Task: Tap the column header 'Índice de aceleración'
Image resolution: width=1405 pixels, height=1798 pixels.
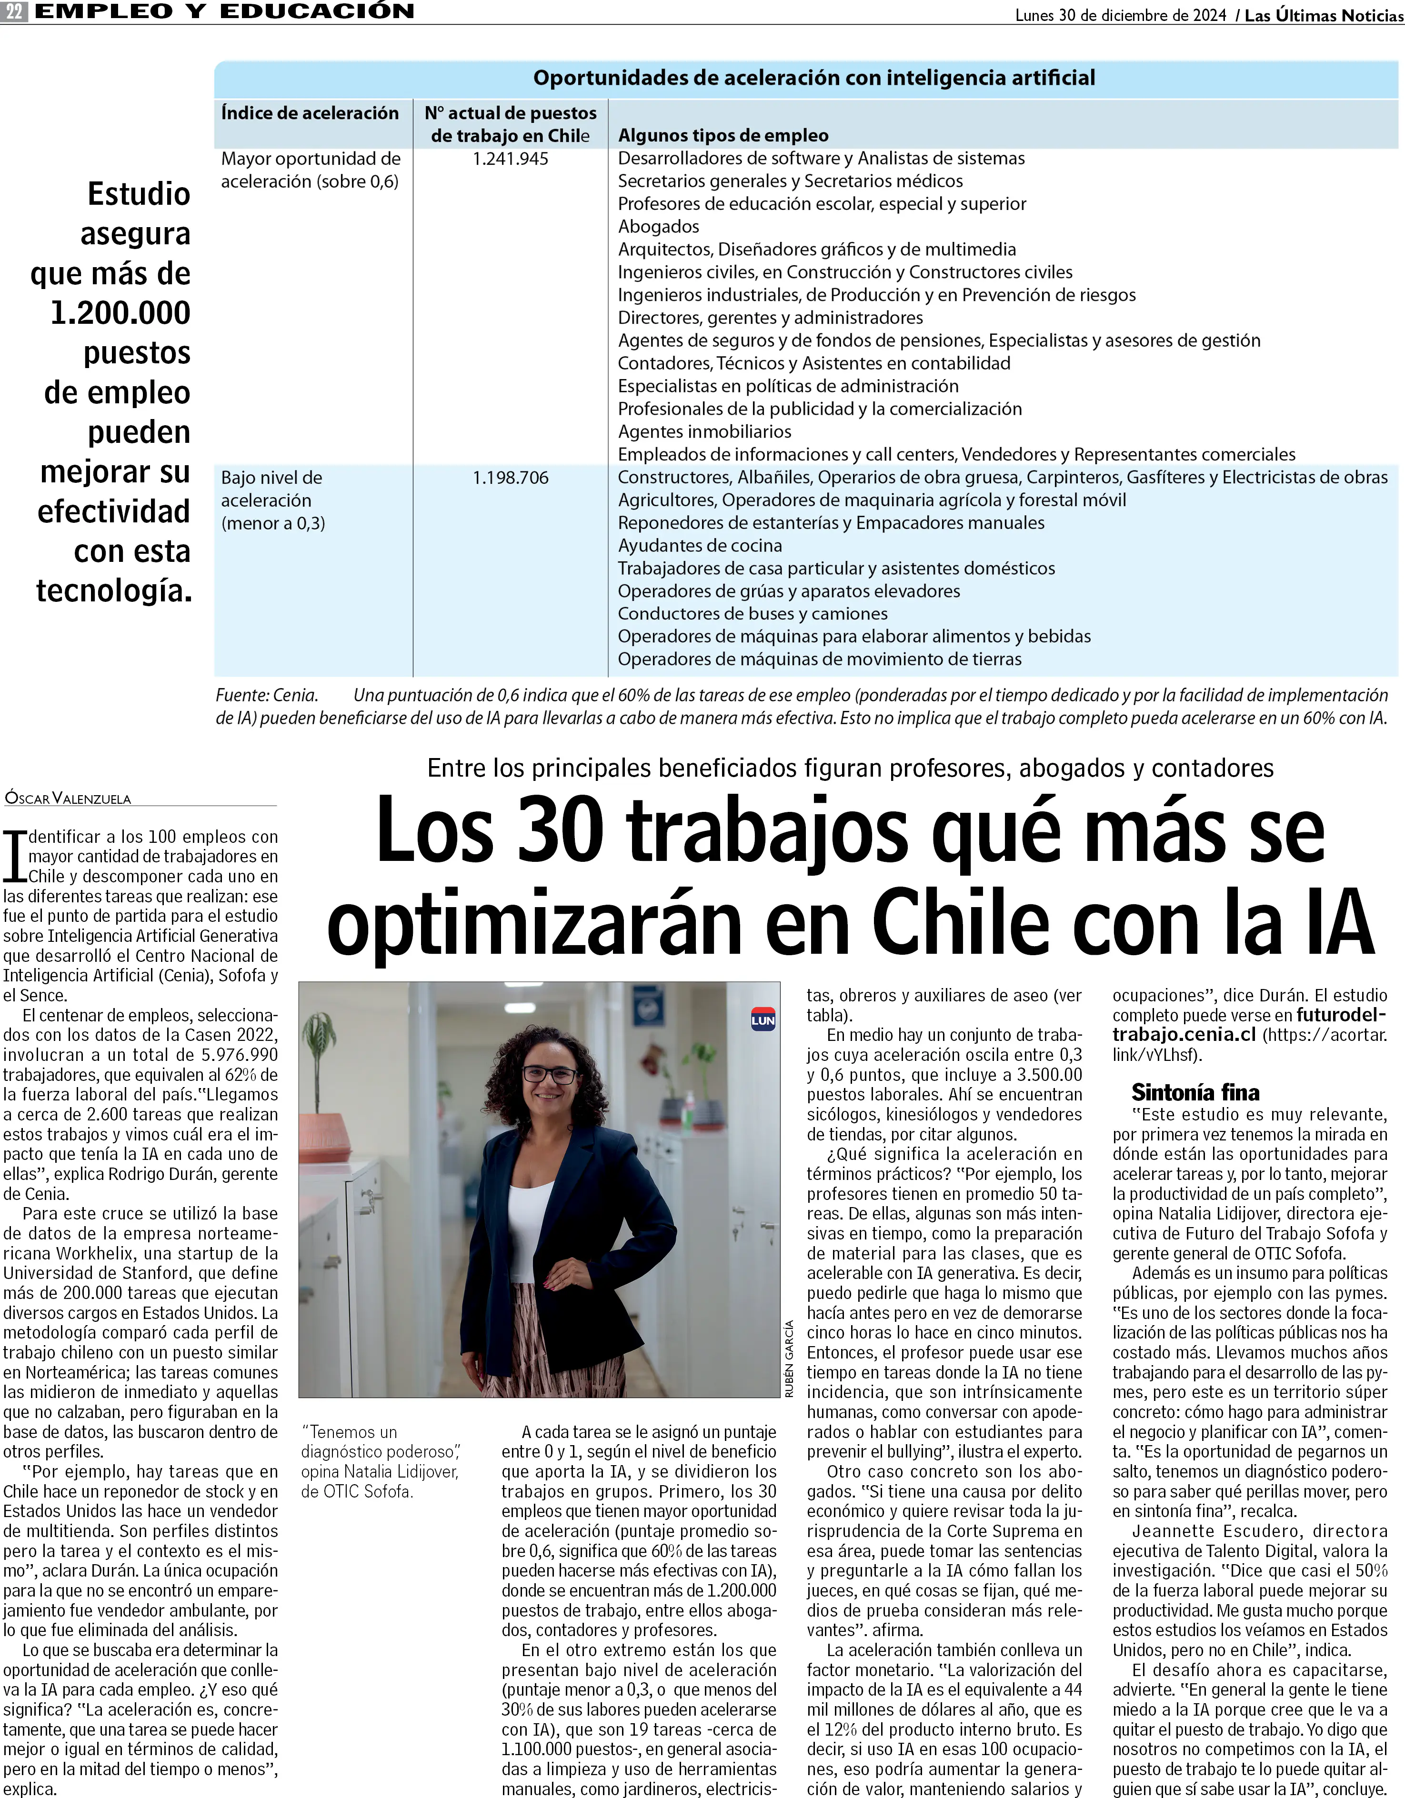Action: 310,114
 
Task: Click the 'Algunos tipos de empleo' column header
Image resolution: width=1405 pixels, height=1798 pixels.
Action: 723,136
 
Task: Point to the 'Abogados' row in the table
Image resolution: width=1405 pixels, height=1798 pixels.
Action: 658,226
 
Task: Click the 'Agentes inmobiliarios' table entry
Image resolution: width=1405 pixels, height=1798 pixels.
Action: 704,431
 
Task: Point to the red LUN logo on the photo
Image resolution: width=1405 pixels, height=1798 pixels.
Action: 763,1019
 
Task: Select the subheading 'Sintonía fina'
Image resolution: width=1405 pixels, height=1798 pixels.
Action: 1195,1092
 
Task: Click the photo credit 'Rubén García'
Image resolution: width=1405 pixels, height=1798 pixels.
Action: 789,1359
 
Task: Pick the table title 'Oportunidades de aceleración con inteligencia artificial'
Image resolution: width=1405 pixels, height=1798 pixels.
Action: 813,78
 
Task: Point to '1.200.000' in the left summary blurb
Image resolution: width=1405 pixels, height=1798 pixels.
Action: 120,313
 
